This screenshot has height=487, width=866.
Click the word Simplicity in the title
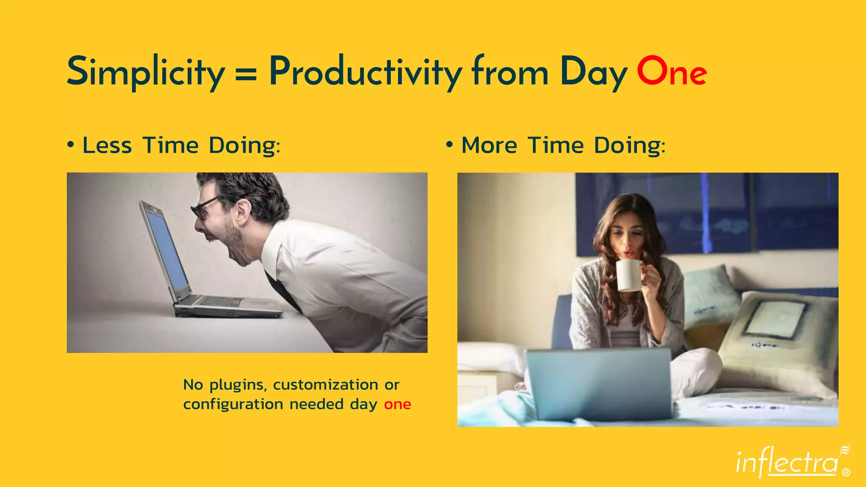pyautogui.click(x=145, y=72)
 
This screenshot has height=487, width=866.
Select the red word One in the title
pyautogui.click(x=671, y=72)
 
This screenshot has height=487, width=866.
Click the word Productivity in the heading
pyautogui.click(x=365, y=72)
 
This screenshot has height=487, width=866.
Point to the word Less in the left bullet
pyautogui.click(x=107, y=145)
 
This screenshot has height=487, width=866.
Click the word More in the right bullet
pyautogui.click(x=489, y=145)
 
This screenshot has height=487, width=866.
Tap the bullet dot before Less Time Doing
pyautogui.click(x=71, y=145)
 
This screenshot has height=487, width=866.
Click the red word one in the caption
pyautogui.click(x=397, y=405)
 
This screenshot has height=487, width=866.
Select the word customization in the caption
pyautogui.click(x=326, y=385)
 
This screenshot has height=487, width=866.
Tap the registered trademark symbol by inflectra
pyautogui.click(x=846, y=473)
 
